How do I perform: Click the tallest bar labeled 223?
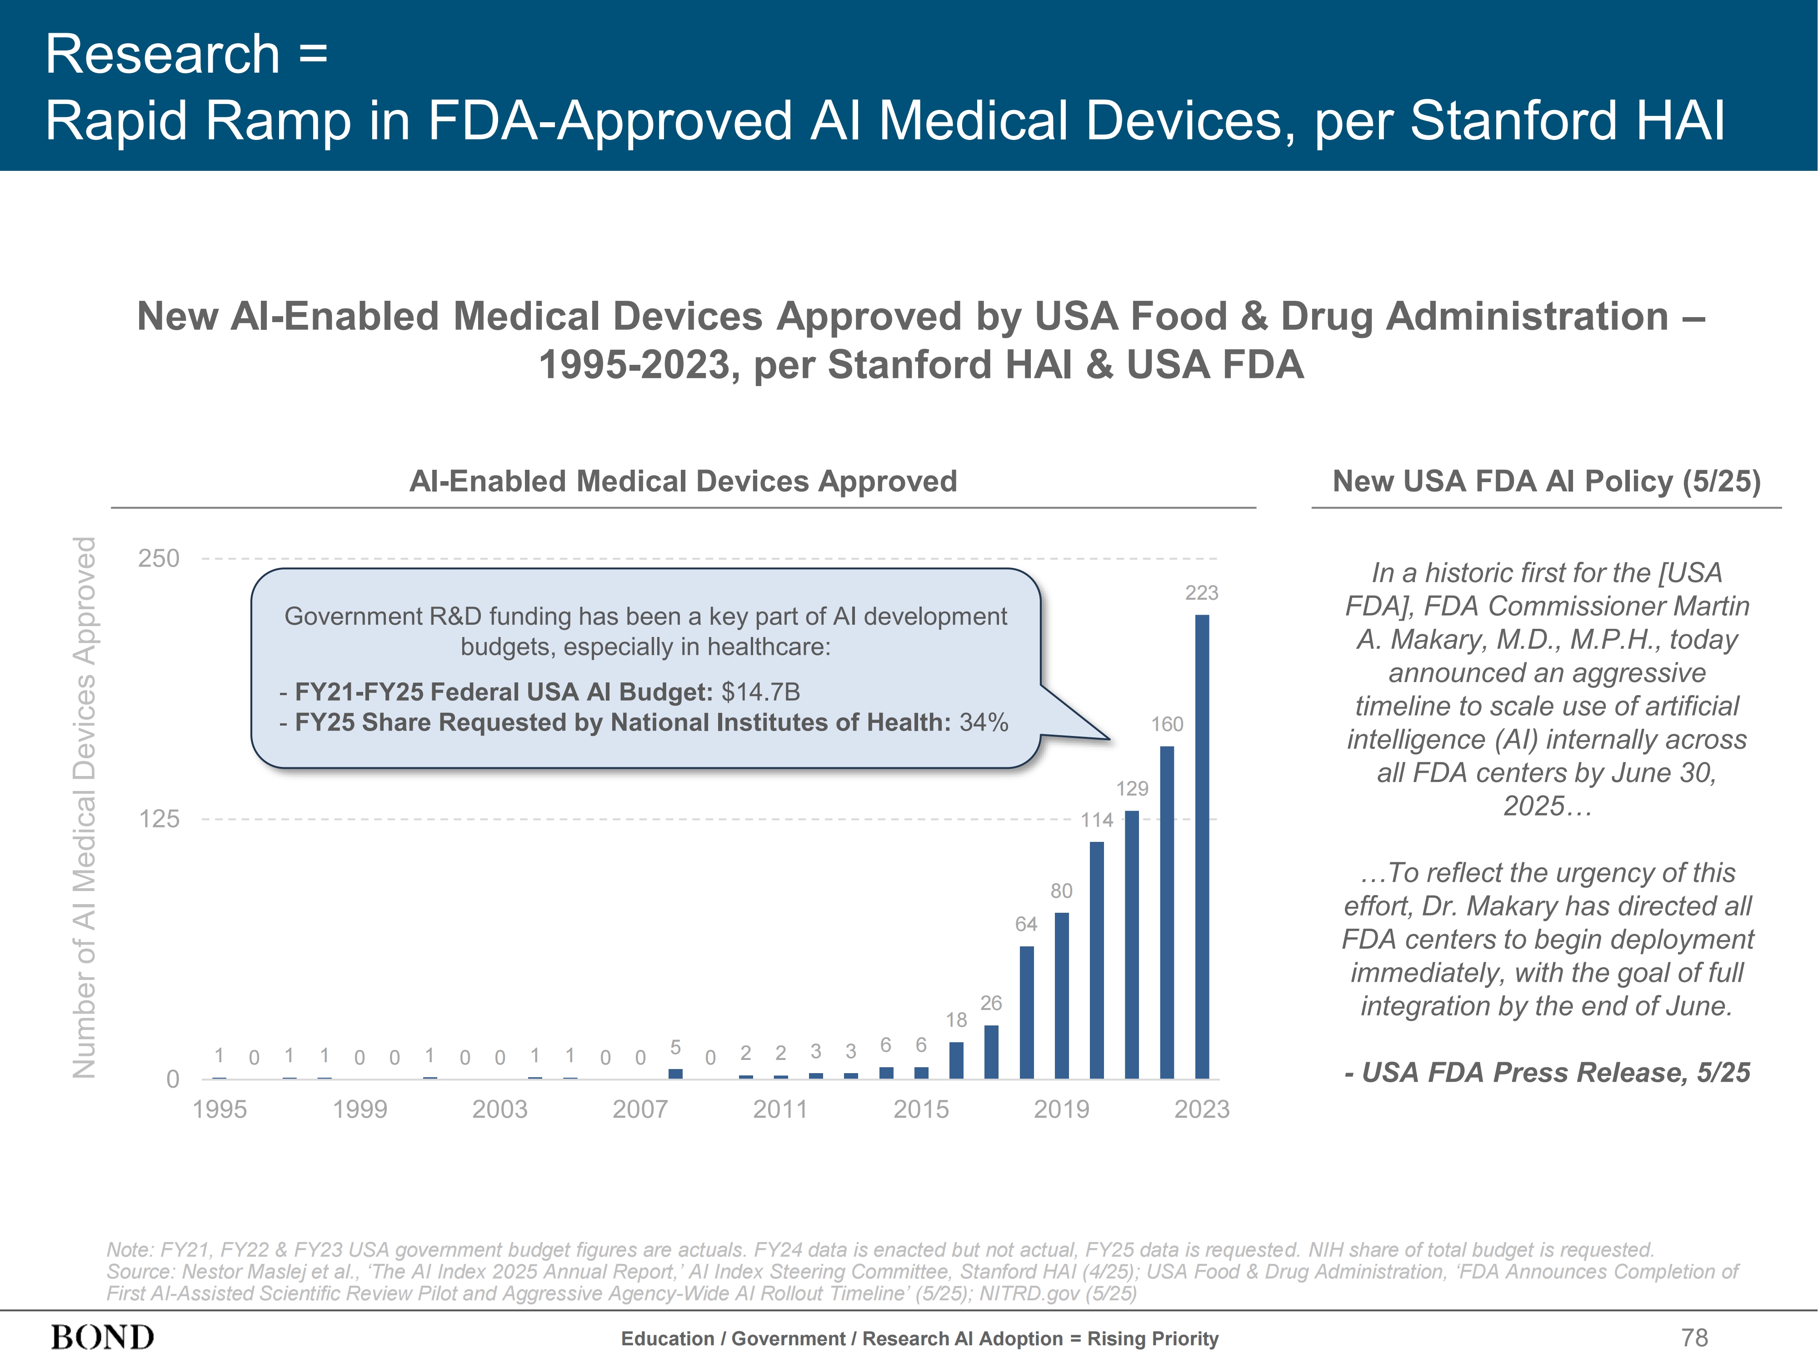pyautogui.click(x=1202, y=846)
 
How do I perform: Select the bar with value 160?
pyautogui.click(x=1166, y=912)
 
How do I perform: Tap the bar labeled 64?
pyautogui.click(x=1027, y=1012)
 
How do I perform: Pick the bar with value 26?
pyautogui.click(x=991, y=1052)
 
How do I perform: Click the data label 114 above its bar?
pyautogui.click(x=1096, y=820)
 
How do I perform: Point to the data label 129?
pyautogui.click(x=1132, y=789)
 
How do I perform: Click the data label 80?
pyautogui.click(x=1061, y=890)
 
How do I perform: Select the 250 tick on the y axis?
pyautogui.click(x=159, y=559)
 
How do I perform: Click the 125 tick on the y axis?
pyautogui.click(x=159, y=819)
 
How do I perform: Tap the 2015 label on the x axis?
pyautogui.click(x=920, y=1109)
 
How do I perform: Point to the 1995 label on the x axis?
pyautogui.click(x=220, y=1109)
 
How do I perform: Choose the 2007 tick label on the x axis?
pyautogui.click(x=640, y=1109)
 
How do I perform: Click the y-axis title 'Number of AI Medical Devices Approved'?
pyautogui.click(x=85, y=808)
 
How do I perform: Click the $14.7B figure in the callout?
pyautogui.click(x=760, y=692)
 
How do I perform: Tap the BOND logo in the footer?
pyautogui.click(x=103, y=1338)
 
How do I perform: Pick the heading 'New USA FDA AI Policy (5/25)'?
pyautogui.click(x=1546, y=482)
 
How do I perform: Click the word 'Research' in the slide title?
pyautogui.click(x=163, y=54)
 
